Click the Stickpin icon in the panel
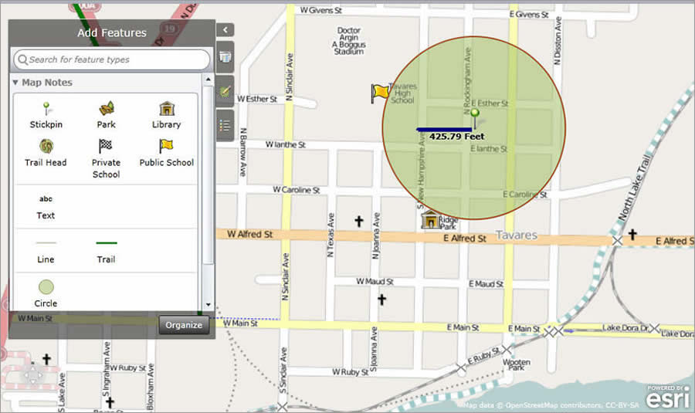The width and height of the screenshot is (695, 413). click(x=46, y=108)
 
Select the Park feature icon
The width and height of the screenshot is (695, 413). click(x=107, y=108)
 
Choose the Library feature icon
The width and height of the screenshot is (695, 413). click(x=167, y=108)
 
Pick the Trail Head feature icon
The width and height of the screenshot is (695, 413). click(x=46, y=146)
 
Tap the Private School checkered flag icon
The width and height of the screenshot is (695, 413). click(x=106, y=146)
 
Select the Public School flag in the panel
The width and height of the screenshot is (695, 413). click(x=166, y=146)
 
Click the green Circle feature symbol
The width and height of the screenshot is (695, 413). click(x=46, y=287)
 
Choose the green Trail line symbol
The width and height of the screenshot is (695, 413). click(x=107, y=243)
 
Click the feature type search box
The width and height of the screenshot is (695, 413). click(x=112, y=59)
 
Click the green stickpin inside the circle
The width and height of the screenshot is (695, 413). click(x=475, y=116)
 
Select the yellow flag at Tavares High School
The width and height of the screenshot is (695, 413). click(x=380, y=93)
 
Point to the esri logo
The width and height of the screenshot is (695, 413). click(x=665, y=397)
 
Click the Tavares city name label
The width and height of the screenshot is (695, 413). click(x=516, y=235)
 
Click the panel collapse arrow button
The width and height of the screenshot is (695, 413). click(x=225, y=30)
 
